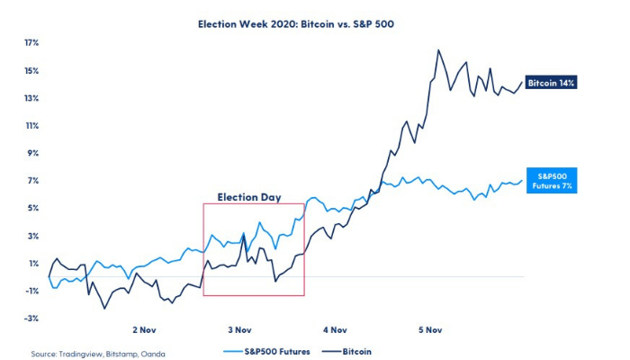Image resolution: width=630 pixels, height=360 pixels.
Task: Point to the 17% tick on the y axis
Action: point(31,42)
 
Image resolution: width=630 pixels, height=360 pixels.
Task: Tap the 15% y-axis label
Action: point(31,70)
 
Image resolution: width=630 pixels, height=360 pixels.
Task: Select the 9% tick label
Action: point(32,153)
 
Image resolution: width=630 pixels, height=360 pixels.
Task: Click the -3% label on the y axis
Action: point(31,318)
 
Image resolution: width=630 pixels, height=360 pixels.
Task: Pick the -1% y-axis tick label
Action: point(31,291)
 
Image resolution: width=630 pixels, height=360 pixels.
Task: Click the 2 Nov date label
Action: point(146,330)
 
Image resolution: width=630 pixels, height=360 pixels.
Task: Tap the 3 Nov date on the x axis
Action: point(239,330)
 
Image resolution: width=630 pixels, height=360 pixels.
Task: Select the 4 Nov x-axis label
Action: point(335,330)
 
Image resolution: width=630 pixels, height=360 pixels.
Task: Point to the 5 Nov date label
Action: point(429,330)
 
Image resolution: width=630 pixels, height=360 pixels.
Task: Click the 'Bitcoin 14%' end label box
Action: point(551,82)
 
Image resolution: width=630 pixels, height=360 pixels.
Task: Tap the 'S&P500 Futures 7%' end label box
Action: point(550,179)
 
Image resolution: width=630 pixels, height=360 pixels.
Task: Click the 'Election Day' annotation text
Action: point(247,196)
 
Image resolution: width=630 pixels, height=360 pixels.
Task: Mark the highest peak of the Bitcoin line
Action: point(438,50)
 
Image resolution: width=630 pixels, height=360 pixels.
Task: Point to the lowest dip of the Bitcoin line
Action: point(104,309)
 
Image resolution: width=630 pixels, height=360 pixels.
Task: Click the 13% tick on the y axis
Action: point(31,98)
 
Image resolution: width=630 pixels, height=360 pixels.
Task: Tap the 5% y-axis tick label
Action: point(32,208)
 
